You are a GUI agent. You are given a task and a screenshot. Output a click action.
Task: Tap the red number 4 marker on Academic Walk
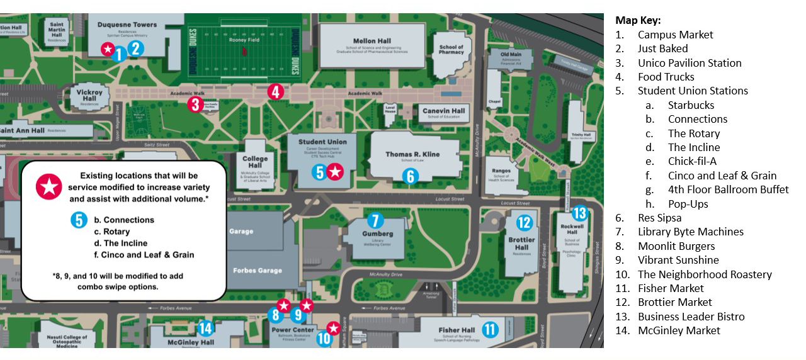click(x=275, y=92)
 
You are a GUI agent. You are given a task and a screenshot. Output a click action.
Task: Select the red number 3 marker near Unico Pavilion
click(x=195, y=104)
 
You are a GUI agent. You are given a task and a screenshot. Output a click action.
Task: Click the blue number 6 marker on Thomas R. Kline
click(x=410, y=176)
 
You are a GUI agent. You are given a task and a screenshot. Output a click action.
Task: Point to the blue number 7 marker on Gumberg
click(x=375, y=220)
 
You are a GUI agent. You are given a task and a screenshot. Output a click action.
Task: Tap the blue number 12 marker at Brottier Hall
click(x=524, y=222)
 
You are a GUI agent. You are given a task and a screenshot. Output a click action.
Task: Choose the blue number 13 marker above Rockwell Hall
click(x=579, y=213)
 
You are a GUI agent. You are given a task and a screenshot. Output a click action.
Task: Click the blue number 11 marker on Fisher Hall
click(x=491, y=329)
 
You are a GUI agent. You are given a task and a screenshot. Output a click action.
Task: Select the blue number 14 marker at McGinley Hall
click(x=205, y=328)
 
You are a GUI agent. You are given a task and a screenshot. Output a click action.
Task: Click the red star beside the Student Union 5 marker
click(x=336, y=171)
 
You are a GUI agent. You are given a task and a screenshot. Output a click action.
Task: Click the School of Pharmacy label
click(x=451, y=50)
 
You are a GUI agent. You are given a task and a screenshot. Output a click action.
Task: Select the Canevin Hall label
click(x=443, y=111)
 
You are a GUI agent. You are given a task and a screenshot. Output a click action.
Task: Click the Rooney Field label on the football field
click(x=244, y=40)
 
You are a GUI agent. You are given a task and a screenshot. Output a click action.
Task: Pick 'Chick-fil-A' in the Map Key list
click(x=692, y=161)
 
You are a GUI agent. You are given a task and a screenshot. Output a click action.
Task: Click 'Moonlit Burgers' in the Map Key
click(x=676, y=246)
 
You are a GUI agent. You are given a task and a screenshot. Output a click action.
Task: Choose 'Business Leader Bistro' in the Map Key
click(x=691, y=317)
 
